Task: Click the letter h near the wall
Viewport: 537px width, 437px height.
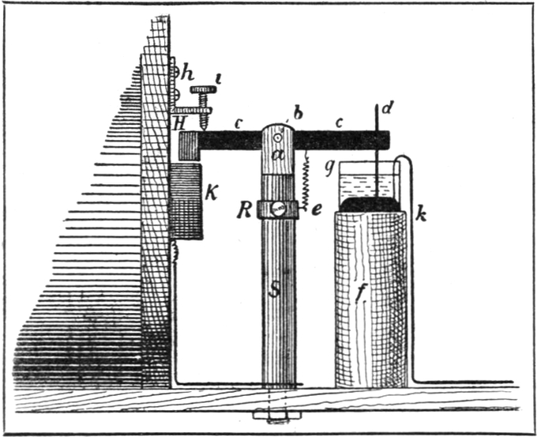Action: (x=187, y=73)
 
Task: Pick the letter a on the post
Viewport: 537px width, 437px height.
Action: (x=277, y=155)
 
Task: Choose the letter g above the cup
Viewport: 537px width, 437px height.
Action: (x=329, y=168)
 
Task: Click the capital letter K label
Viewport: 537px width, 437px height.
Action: (x=212, y=193)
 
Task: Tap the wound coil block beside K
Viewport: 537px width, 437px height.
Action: (x=186, y=202)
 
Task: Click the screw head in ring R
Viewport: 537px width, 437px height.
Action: (x=278, y=210)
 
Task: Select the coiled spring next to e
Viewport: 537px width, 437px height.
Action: (x=302, y=178)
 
